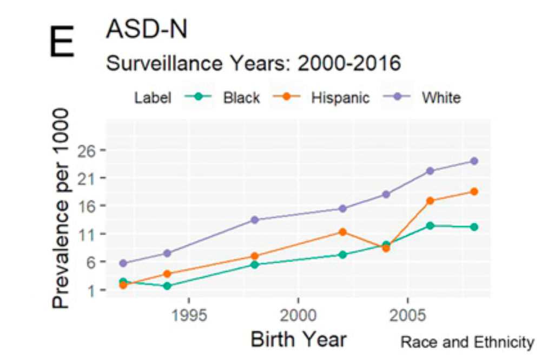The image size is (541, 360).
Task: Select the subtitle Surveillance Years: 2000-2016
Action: [x=253, y=63]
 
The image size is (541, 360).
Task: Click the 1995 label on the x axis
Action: [x=188, y=314]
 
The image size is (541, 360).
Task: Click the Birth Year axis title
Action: [x=298, y=339]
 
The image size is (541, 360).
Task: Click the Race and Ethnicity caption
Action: [x=467, y=342]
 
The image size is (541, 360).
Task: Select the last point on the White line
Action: [x=474, y=161]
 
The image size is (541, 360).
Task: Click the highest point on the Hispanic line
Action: [x=474, y=191]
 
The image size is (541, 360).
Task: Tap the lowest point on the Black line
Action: [x=167, y=286]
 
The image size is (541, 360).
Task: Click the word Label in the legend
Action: [x=153, y=98]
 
